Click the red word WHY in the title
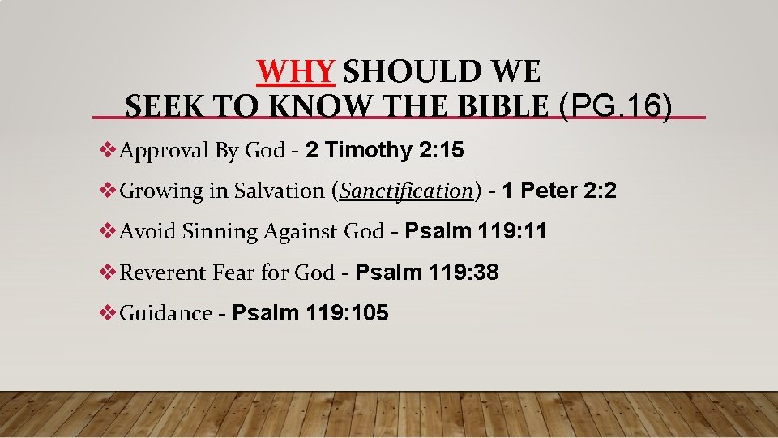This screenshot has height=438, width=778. [296, 72]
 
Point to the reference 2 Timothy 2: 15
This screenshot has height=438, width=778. [385, 150]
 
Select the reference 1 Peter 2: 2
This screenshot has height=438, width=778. [559, 191]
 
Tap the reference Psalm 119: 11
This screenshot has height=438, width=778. [476, 231]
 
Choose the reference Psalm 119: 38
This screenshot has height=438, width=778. [427, 272]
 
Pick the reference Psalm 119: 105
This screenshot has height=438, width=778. [310, 312]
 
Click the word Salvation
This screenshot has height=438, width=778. [279, 191]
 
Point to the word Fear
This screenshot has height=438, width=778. [233, 272]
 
